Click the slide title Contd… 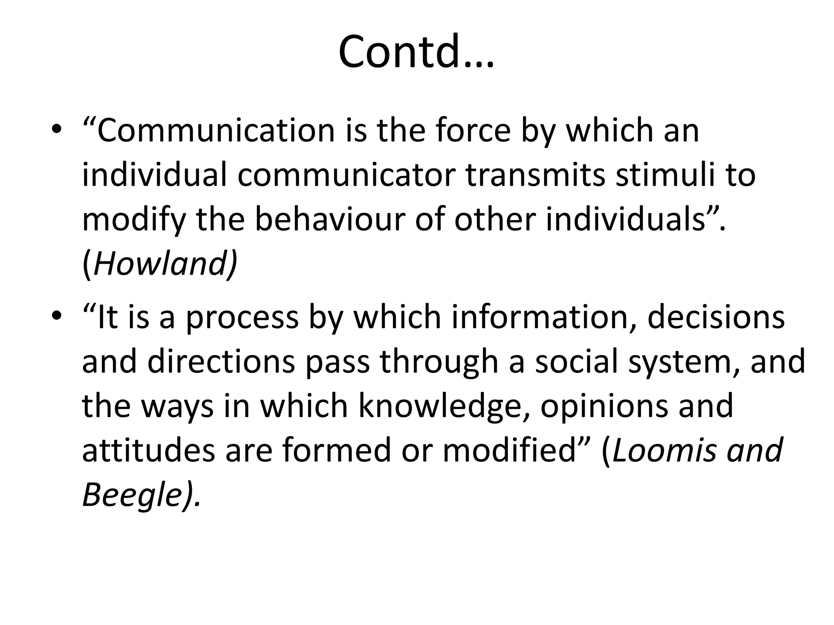pos(416,52)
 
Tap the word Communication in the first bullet pos(216,130)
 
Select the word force pos(472,130)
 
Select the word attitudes pos(148,450)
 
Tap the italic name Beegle pos(132,495)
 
